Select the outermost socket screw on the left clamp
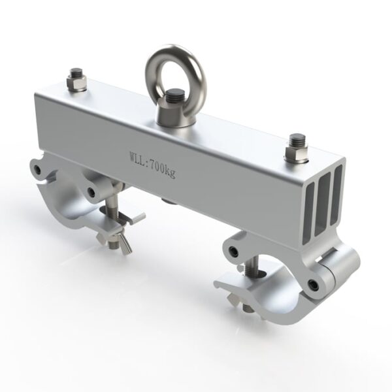tap(39, 171)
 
